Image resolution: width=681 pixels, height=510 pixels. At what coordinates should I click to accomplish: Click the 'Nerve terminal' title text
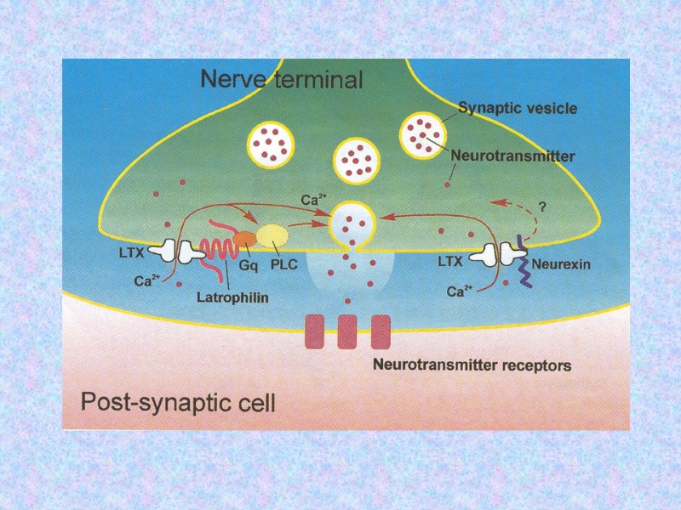coord(281,80)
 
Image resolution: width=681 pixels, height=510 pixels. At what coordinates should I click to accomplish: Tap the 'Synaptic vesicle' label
coord(518,108)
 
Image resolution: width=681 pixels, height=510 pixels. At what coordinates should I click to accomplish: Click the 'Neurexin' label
coord(561,263)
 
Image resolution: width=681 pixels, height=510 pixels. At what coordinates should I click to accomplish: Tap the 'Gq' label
coord(248,264)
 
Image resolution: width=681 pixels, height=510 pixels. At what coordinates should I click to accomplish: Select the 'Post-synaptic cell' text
coord(178,400)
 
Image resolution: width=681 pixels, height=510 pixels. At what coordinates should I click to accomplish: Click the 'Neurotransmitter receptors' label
coord(472,366)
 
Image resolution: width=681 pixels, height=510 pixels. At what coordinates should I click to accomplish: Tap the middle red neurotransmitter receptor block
coord(347,331)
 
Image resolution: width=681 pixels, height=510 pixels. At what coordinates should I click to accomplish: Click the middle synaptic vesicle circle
coord(354,160)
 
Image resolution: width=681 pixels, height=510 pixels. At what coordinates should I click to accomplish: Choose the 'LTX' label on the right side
coord(450,263)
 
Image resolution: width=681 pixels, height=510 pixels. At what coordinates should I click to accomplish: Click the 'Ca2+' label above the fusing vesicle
coord(314,200)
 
